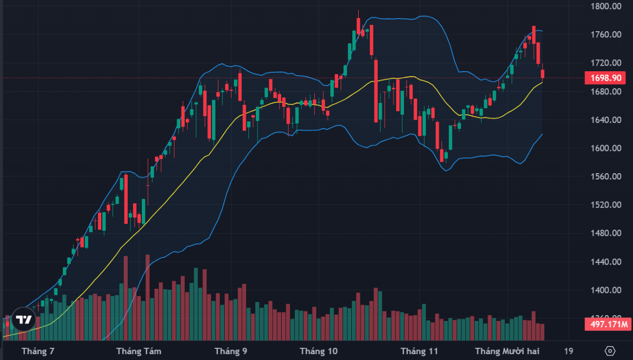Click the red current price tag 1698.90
(x=608, y=78)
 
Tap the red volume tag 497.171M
(x=608, y=324)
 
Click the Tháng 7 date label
(x=39, y=351)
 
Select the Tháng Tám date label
(x=139, y=351)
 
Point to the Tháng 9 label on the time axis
(x=231, y=351)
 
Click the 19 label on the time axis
(x=568, y=351)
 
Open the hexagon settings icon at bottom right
(x=610, y=351)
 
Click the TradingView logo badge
(x=23, y=319)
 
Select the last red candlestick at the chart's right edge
(x=542, y=74)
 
